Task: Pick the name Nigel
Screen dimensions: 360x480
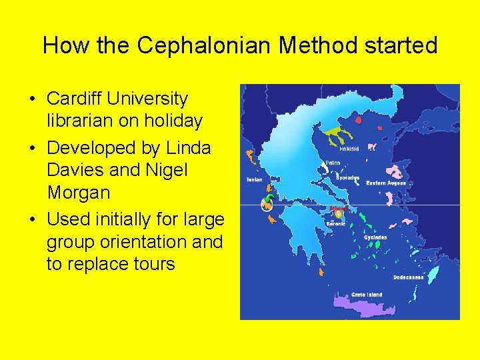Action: point(165,170)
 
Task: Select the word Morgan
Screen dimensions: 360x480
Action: point(79,193)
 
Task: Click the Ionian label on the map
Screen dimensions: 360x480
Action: point(254,179)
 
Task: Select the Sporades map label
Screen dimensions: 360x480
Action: point(347,178)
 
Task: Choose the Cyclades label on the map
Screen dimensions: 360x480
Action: point(375,237)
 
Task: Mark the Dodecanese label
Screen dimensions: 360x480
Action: point(409,277)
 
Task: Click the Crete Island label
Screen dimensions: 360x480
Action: point(367,294)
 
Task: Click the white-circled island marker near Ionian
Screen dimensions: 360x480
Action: point(267,205)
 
